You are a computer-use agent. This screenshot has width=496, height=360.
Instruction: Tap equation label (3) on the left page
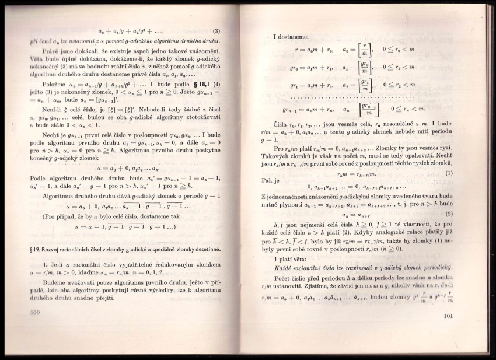coord(216,31)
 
